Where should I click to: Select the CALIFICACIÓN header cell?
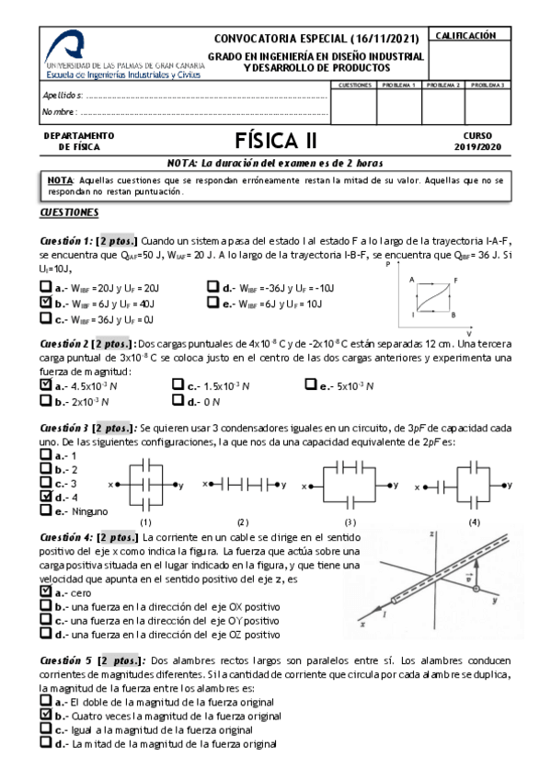click(465, 35)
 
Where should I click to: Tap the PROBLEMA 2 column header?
click(443, 85)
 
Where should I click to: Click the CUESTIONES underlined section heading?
click(69, 212)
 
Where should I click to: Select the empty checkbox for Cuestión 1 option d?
click(212, 286)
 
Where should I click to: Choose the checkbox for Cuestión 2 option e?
click(309, 386)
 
